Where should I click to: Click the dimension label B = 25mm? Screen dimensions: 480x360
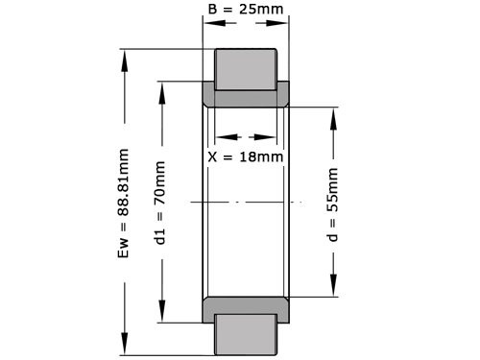[245, 12]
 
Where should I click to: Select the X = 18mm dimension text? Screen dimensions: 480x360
[246, 156]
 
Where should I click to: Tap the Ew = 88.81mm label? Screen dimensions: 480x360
[123, 203]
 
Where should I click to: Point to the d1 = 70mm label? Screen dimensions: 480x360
[160, 203]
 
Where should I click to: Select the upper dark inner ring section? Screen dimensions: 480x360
[246, 96]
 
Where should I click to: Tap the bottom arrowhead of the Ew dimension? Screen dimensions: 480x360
[123, 350]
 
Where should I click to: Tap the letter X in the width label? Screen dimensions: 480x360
[213, 156]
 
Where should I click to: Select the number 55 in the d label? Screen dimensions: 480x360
[333, 198]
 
